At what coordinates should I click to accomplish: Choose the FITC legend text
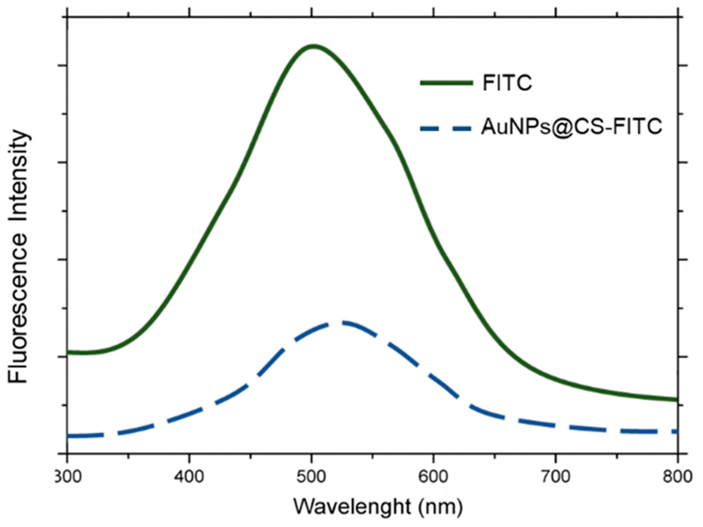pyautogui.click(x=507, y=83)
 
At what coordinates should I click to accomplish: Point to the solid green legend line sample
pyautogui.click(x=447, y=83)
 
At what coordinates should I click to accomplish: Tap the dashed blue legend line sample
pyautogui.click(x=447, y=128)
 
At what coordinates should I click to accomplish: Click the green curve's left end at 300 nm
pyautogui.click(x=68, y=352)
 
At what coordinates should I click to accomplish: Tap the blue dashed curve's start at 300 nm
pyautogui.click(x=69, y=436)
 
